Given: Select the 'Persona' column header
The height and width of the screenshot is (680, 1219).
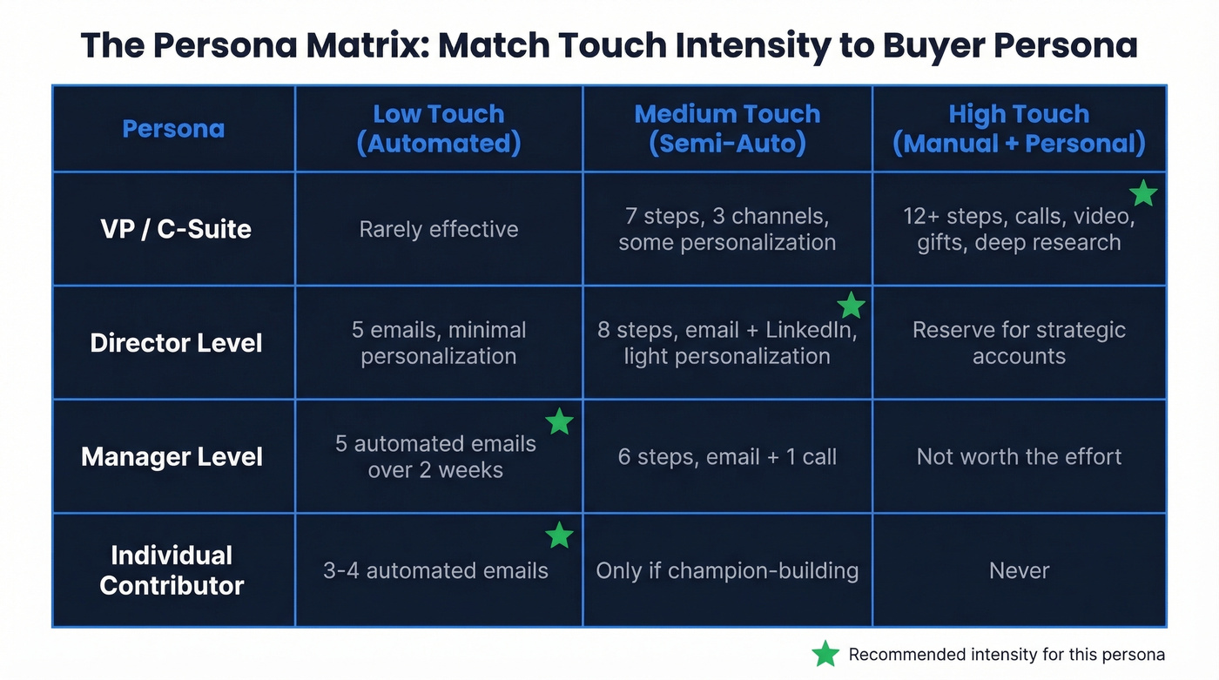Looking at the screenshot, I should click(x=173, y=129).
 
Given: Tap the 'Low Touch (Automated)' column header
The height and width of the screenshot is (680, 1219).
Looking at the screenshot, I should click(x=438, y=128).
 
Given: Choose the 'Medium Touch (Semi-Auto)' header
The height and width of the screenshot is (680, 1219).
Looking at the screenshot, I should click(x=727, y=128).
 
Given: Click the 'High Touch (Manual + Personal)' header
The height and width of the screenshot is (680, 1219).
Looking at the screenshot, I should click(x=1019, y=128).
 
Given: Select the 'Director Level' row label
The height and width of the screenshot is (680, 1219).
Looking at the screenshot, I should click(x=176, y=343).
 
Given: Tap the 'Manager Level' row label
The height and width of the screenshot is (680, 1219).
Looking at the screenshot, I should click(x=172, y=457).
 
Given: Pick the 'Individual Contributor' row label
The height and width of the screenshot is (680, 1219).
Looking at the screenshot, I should click(x=172, y=570).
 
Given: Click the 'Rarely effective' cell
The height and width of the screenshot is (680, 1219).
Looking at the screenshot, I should click(x=438, y=229).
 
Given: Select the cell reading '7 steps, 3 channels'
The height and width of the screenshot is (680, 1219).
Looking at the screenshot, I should click(x=727, y=229).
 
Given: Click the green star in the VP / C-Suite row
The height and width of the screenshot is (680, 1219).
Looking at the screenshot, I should click(x=1142, y=193).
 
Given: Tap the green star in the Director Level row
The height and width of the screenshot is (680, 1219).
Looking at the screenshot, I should click(x=851, y=306).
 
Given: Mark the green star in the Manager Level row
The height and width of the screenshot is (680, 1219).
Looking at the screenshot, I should click(x=559, y=422).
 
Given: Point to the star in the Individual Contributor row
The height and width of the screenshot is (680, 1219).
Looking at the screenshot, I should click(x=559, y=535).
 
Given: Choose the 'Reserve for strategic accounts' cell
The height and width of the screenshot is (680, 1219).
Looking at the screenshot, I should click(x=1019, y=343).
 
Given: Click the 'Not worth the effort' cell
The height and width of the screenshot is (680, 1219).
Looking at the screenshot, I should click(x=1019, y=457).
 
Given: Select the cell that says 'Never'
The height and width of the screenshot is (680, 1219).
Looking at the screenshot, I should click(x=1019, y=570).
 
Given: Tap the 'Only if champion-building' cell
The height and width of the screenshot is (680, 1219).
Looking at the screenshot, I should click(x=727, y=570).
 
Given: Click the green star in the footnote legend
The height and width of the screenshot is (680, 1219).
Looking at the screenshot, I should click(x=825, y=654).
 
